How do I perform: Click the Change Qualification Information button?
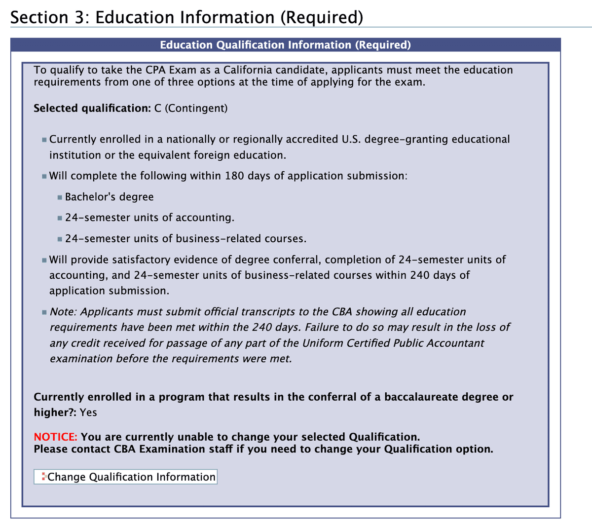(x=125, y=477)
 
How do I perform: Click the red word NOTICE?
(x=55, y=437)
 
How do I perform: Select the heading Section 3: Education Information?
(x=186, y=17)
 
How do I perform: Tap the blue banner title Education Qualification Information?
(x=285, y=45)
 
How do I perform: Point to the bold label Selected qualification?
(x=92, y=108)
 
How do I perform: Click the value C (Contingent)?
(x=191, y=108)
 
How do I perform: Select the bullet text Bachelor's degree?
(x=109, y=197)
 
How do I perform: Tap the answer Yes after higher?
(x=88, y=412)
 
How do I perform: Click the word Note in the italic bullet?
(x=63, y=312)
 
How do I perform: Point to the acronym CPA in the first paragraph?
(x=156, y=70)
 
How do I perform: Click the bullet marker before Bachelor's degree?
(x=60, y=197)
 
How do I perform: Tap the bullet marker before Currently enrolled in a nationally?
(x=44, y=140)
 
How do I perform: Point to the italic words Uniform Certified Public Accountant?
(x=393, y=343)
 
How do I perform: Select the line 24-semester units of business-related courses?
(x=185, y=239)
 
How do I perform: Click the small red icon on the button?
(x=44, y=477)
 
